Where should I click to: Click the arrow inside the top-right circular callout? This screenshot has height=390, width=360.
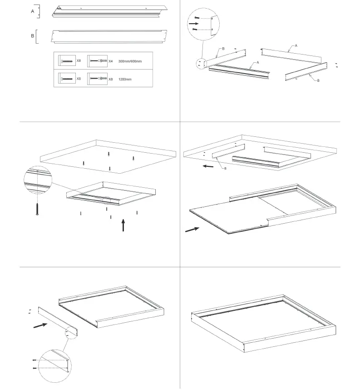coord(193,23)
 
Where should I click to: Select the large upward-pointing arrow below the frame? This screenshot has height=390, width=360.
coord(123,225)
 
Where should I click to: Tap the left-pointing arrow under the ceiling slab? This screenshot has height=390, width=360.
coord(208,166)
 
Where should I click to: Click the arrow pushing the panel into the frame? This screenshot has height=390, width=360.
coord(192,229)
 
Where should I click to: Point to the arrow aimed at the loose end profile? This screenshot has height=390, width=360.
coord(40,325)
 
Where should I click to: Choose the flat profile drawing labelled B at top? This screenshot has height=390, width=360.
coord(109,37)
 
